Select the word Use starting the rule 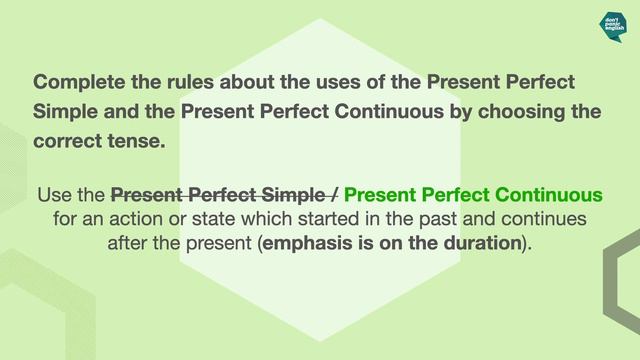[x=55, y=193]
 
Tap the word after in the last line [x=129, y=243]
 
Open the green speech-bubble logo [x=613, y=24]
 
